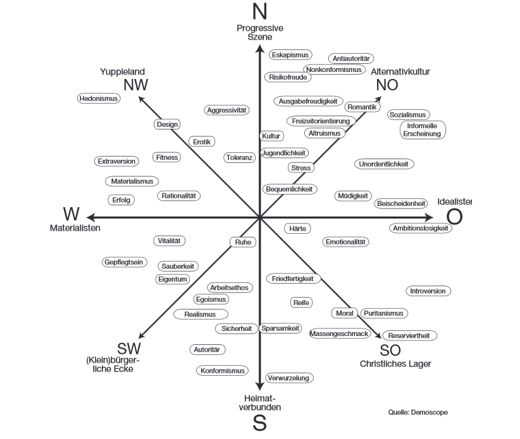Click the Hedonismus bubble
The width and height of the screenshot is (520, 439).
(99, 99)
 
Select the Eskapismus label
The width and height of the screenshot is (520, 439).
(290, 55)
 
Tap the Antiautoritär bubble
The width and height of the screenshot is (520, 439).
(351, 59)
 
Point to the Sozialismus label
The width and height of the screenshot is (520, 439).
(408, 115)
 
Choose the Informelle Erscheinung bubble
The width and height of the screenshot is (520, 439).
(423, 129)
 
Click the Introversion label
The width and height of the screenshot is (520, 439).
(428, 291)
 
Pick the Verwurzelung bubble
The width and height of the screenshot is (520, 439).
(289, 378)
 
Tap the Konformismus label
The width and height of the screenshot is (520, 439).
(222, 371)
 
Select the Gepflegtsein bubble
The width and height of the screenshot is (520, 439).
(124, 262)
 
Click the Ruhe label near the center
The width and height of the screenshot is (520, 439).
(243, 242)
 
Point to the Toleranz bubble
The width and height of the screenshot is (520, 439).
(239, 157)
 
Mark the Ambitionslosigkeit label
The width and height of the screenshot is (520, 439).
(421, 228)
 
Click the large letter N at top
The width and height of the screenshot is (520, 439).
(259, 11)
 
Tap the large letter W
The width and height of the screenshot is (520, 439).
(71, 214)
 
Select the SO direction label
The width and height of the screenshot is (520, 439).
(390, 351)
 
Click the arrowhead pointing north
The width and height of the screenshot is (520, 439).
(259, 49)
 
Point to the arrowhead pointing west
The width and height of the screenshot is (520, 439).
(91, 217)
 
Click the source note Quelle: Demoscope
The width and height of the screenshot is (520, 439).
(418, 412)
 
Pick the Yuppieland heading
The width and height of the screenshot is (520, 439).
(122, 71)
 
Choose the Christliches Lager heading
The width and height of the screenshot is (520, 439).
(395, 364)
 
